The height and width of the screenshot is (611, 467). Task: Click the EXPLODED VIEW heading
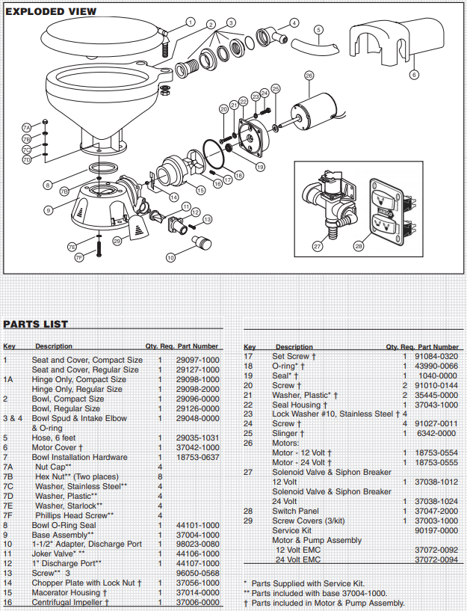tap(51, 11)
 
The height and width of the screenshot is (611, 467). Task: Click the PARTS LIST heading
tap(36, 324)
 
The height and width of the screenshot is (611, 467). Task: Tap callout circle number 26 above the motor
tap(309, 76)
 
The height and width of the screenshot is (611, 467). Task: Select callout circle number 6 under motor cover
tap(414, 75)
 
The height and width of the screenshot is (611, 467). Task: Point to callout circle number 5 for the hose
tap(318, 30)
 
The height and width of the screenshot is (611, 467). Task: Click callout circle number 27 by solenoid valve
tap(317, 245)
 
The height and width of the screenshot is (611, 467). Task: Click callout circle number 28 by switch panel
tap(359, 245)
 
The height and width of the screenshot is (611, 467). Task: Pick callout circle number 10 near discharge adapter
tap(170, 257)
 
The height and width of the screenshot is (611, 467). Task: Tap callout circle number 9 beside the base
tap(48, 210)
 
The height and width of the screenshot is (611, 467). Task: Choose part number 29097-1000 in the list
tap(197, 360)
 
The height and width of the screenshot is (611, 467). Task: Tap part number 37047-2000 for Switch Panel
tap(437, 512)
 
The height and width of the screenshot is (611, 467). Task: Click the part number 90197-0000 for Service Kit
tap(437, 530)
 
